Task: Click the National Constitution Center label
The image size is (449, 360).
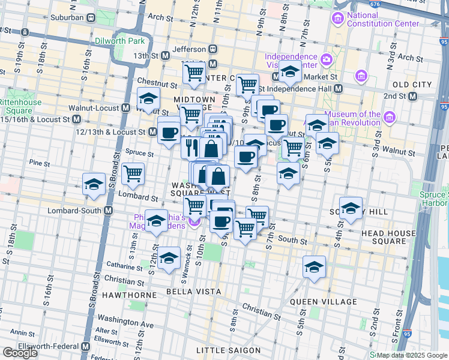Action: [x=382, y=19]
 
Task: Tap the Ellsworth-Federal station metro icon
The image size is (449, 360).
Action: [x=85, y=347]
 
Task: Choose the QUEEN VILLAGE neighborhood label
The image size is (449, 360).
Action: [x=316, y=301]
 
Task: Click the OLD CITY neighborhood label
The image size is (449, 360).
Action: [x=412, y=85]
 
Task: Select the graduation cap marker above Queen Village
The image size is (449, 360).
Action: [x=314, y=266]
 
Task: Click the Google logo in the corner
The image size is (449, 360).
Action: [x=20, y=353]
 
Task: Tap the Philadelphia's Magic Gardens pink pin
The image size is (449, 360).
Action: [x=193, y=222]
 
